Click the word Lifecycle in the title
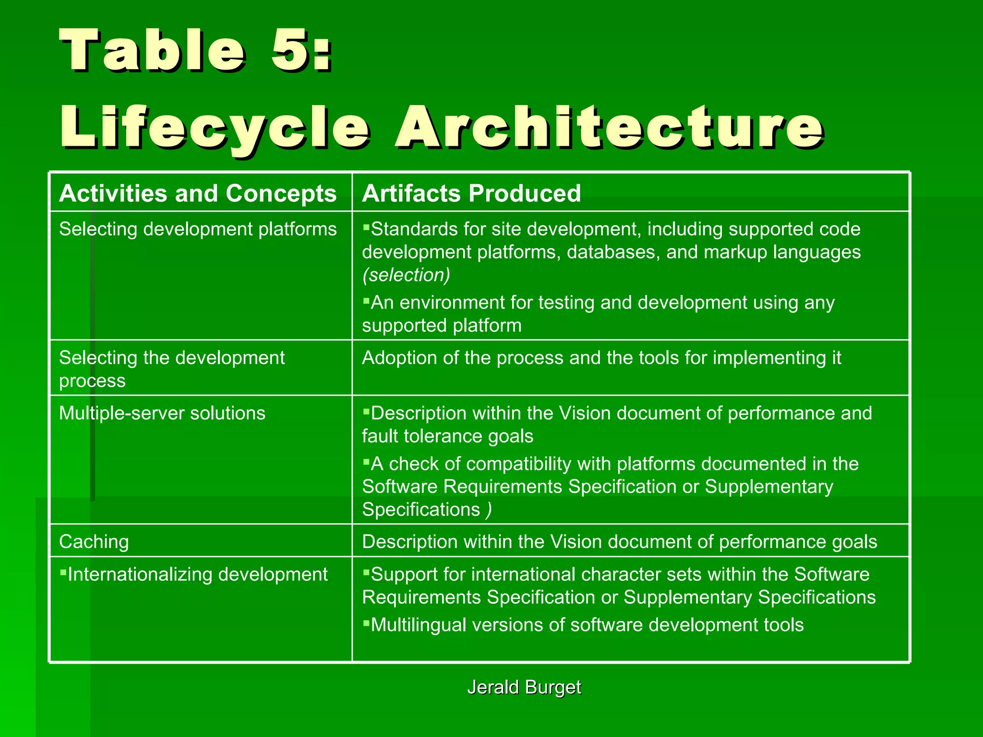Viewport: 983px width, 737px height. click(x=214, y=127)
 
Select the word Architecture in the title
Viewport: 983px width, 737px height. click(x=609, y=127)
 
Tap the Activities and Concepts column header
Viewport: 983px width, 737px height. click(x=198, y=193)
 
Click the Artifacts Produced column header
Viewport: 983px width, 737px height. click(x=471, y=193)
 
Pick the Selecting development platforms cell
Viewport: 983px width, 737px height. click(x=198, y=229)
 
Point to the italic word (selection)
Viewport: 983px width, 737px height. click(x=406, y=275)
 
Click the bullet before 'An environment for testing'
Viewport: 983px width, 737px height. click(x=366, y=301)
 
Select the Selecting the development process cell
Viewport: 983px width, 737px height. click(x=172, y=368)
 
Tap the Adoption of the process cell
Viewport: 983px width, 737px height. click(x=601, y=358)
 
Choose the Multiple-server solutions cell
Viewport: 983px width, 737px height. click(x=162, y=413)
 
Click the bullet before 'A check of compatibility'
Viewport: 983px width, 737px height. click(x=366, y=463)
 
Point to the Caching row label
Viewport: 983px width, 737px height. click(x=94, y=542)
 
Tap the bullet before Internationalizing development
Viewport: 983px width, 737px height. click(x=63, y=572)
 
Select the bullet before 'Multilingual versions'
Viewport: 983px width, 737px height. click(x=366, y=623)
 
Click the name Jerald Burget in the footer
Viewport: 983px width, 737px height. click(x=524, y=687)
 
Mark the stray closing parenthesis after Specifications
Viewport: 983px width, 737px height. click(x=488, y=510)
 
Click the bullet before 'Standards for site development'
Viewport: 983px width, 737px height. click(x=366, y=227)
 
